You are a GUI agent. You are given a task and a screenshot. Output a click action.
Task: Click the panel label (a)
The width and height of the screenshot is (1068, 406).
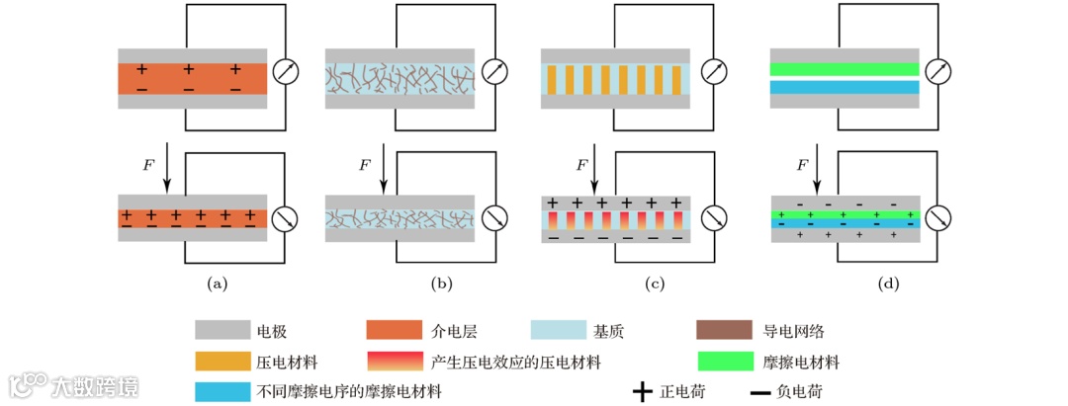(x=217, y=284)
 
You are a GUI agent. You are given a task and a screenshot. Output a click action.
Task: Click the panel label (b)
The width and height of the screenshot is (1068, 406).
(x=441, y=284)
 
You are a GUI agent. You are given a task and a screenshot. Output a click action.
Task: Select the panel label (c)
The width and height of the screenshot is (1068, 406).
(x=654, y=284)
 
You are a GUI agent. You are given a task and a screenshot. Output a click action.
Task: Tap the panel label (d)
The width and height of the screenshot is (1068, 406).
(x=888, y=284)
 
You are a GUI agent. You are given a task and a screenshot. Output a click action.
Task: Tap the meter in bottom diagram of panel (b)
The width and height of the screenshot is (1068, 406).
(x=495, y=217)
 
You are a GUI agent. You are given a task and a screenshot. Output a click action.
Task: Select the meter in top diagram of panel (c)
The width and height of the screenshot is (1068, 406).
(x=712, y=73)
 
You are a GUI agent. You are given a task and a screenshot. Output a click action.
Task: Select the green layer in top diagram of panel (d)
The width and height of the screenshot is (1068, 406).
(x=844, y=69)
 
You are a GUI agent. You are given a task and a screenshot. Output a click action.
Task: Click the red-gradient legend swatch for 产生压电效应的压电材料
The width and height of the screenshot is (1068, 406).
(x=395, y=361)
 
